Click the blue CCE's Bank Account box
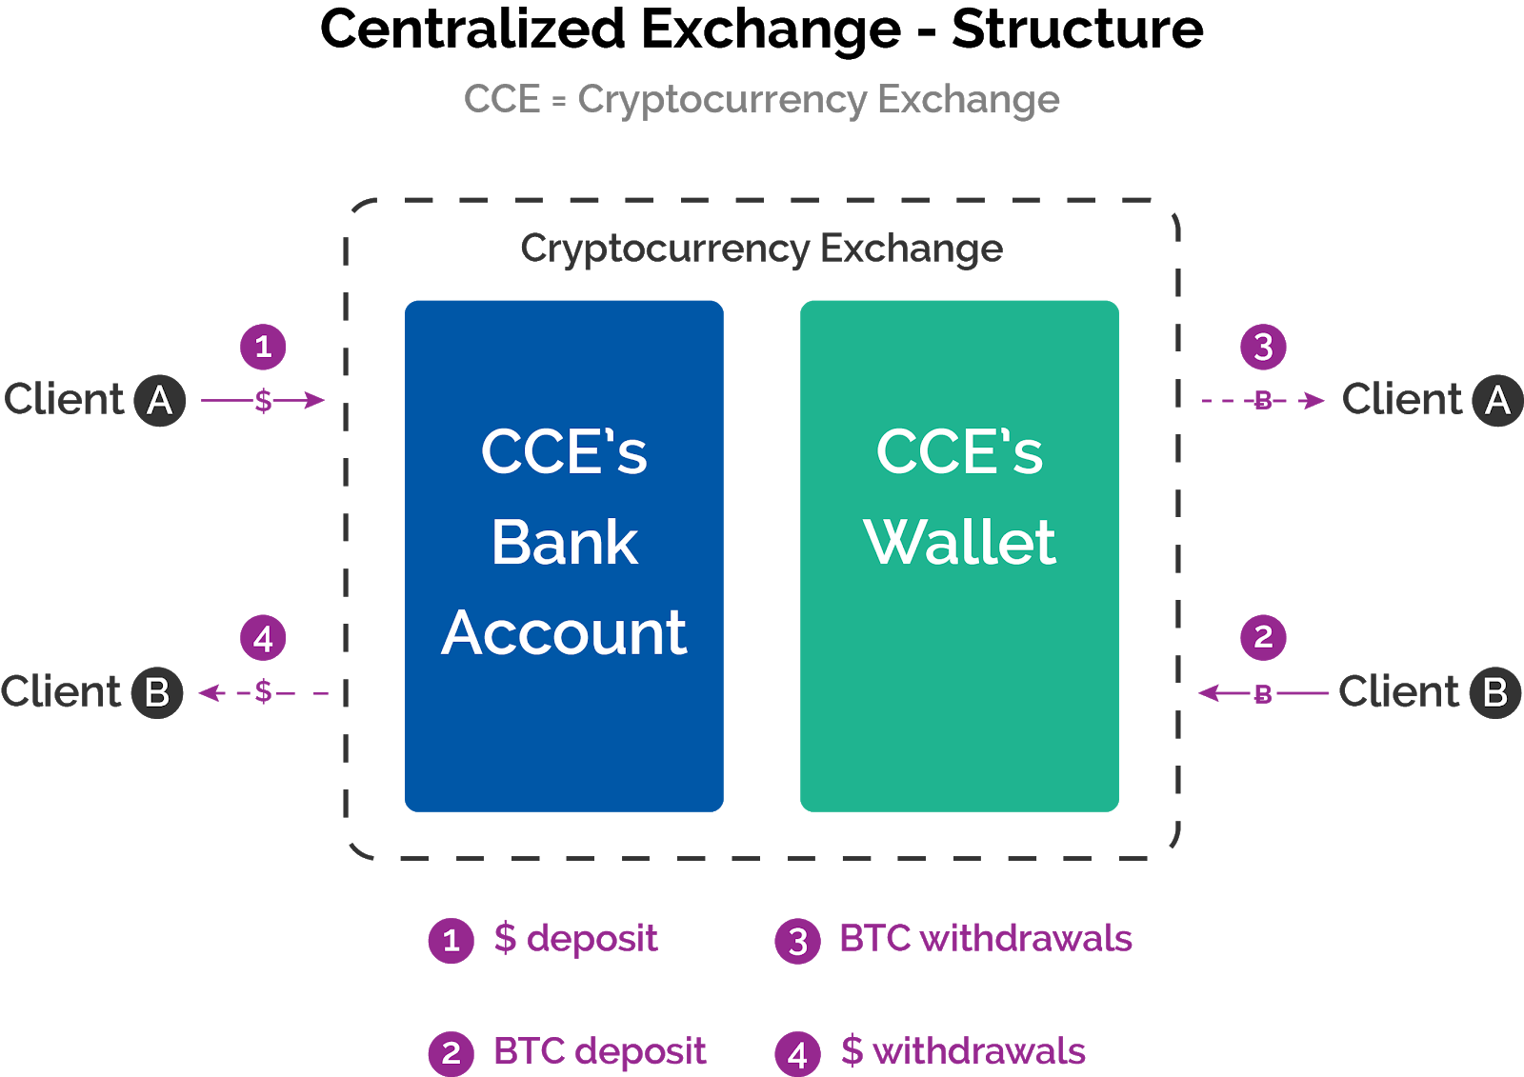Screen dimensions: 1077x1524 point(564,555)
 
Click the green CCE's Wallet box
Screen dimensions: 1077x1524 point(959,555)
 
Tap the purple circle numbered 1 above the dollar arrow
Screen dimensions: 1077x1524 point(263,347)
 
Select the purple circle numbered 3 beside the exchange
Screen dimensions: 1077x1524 point(1263,347)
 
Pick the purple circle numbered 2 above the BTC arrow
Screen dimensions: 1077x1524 point(1263,637)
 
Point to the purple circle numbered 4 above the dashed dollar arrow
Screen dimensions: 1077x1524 point(263,638)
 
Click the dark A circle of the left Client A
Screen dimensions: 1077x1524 point(159,400)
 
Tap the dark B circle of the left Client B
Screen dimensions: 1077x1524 point(157,692)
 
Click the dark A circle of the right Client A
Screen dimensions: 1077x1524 point(1497,400)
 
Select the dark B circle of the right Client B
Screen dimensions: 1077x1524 point(1494,692)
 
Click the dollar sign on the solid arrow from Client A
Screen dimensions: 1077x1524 point(264,401)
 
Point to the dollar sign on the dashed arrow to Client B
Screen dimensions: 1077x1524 point(264,692)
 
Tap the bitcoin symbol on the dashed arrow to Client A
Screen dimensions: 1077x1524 point(1263,401)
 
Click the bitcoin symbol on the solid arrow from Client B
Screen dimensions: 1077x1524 point(1263,694)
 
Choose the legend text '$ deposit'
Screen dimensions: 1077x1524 point(575,939)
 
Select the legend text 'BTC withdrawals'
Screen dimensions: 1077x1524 point(985,939)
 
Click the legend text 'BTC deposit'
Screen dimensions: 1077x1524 point(599,1051)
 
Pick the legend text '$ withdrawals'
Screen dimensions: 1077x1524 point(963,1051)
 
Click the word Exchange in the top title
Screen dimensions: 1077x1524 point(968,99)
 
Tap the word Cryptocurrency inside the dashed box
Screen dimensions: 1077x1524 point(664,249)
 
